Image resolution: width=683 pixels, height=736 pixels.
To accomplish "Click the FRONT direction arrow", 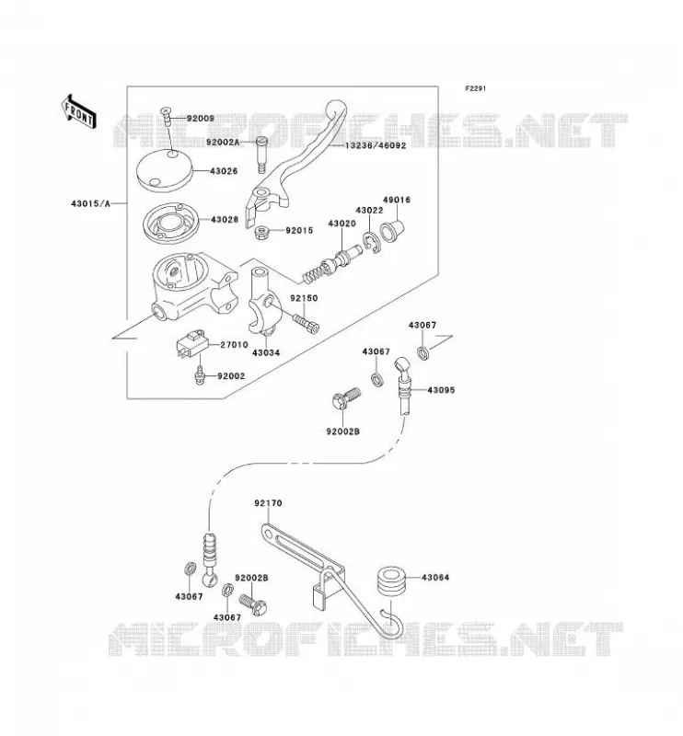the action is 79,112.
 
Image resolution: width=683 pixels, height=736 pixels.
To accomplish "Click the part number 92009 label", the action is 201,119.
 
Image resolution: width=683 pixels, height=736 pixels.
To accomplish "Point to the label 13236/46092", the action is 376,145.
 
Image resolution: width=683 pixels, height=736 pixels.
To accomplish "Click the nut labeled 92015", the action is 260,232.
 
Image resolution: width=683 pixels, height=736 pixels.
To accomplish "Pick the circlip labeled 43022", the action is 371,243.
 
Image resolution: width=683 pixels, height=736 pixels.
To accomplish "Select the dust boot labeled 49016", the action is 392,230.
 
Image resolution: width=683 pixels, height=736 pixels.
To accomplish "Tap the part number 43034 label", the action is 266,352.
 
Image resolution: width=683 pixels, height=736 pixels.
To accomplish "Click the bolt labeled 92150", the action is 306,323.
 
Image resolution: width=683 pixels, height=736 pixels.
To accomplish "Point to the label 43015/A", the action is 90,203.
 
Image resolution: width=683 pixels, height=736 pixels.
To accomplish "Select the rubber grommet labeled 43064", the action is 391,582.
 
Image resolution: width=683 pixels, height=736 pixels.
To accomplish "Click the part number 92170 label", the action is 268,503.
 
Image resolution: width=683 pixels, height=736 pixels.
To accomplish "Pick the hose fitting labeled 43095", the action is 402,385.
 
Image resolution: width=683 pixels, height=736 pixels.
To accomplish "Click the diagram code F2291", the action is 476,88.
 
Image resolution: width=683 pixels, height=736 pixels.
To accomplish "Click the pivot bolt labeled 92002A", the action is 261,155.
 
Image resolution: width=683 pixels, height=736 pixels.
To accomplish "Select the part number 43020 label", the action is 341,224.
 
